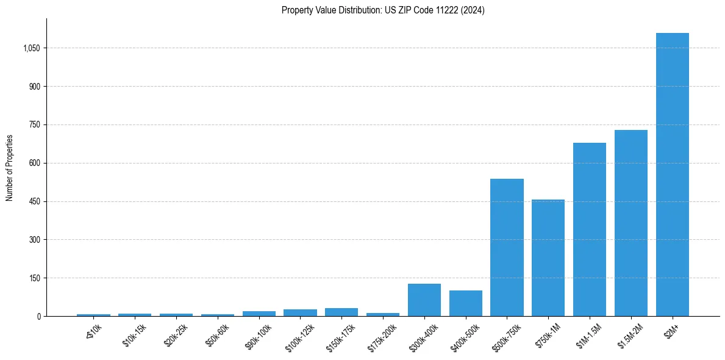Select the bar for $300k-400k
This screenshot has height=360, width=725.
pyautogui.click(x=424, y=300)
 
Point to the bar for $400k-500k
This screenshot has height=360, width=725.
pyautogui.click(x=466, y=303)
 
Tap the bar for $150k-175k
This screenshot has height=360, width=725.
pyautogui.click(x=341, y=312)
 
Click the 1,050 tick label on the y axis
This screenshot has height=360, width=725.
pyautogui.click(x=30, y=48)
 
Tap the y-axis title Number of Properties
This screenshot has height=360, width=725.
pyautogui.click(x=9, y=167)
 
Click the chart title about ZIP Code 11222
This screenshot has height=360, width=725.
pyautogui.click(x=383, y=10)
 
